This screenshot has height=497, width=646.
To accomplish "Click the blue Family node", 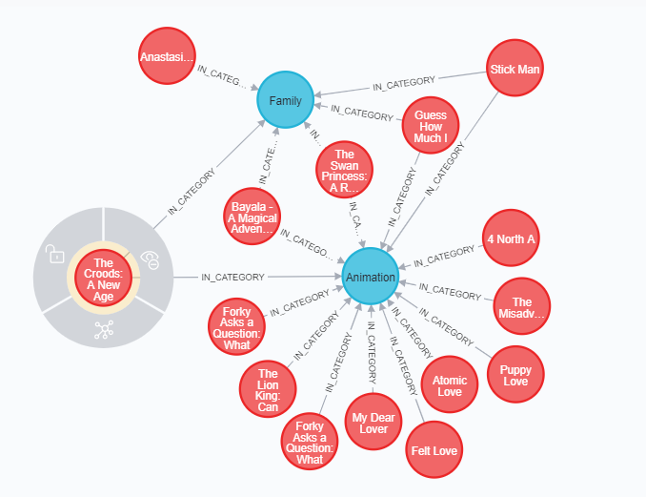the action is pos(286,100).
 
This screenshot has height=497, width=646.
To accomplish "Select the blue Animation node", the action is pos(371,277).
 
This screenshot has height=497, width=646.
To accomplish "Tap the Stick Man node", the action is pos(515,69).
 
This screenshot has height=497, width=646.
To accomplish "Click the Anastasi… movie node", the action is pos(167,56).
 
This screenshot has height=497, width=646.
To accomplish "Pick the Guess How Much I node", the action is pos(430,127).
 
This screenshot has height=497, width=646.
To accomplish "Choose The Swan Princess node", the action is pos(344,168).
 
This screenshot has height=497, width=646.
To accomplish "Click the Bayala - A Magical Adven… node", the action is pos(252,217).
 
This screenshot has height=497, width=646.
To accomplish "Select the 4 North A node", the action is pos(510,239).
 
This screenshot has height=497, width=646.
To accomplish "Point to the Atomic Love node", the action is pos(449,384).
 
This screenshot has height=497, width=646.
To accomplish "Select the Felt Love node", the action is pos(434,450).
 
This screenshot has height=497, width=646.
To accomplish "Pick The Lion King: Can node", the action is pos(268,390).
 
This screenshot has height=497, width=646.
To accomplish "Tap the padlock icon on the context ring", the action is pos(56,254).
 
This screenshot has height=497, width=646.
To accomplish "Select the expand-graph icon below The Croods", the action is pos(103,330).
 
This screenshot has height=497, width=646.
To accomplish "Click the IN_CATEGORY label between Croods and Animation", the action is pos(232,278).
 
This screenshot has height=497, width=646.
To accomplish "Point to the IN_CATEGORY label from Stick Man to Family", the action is pos(404,83).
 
